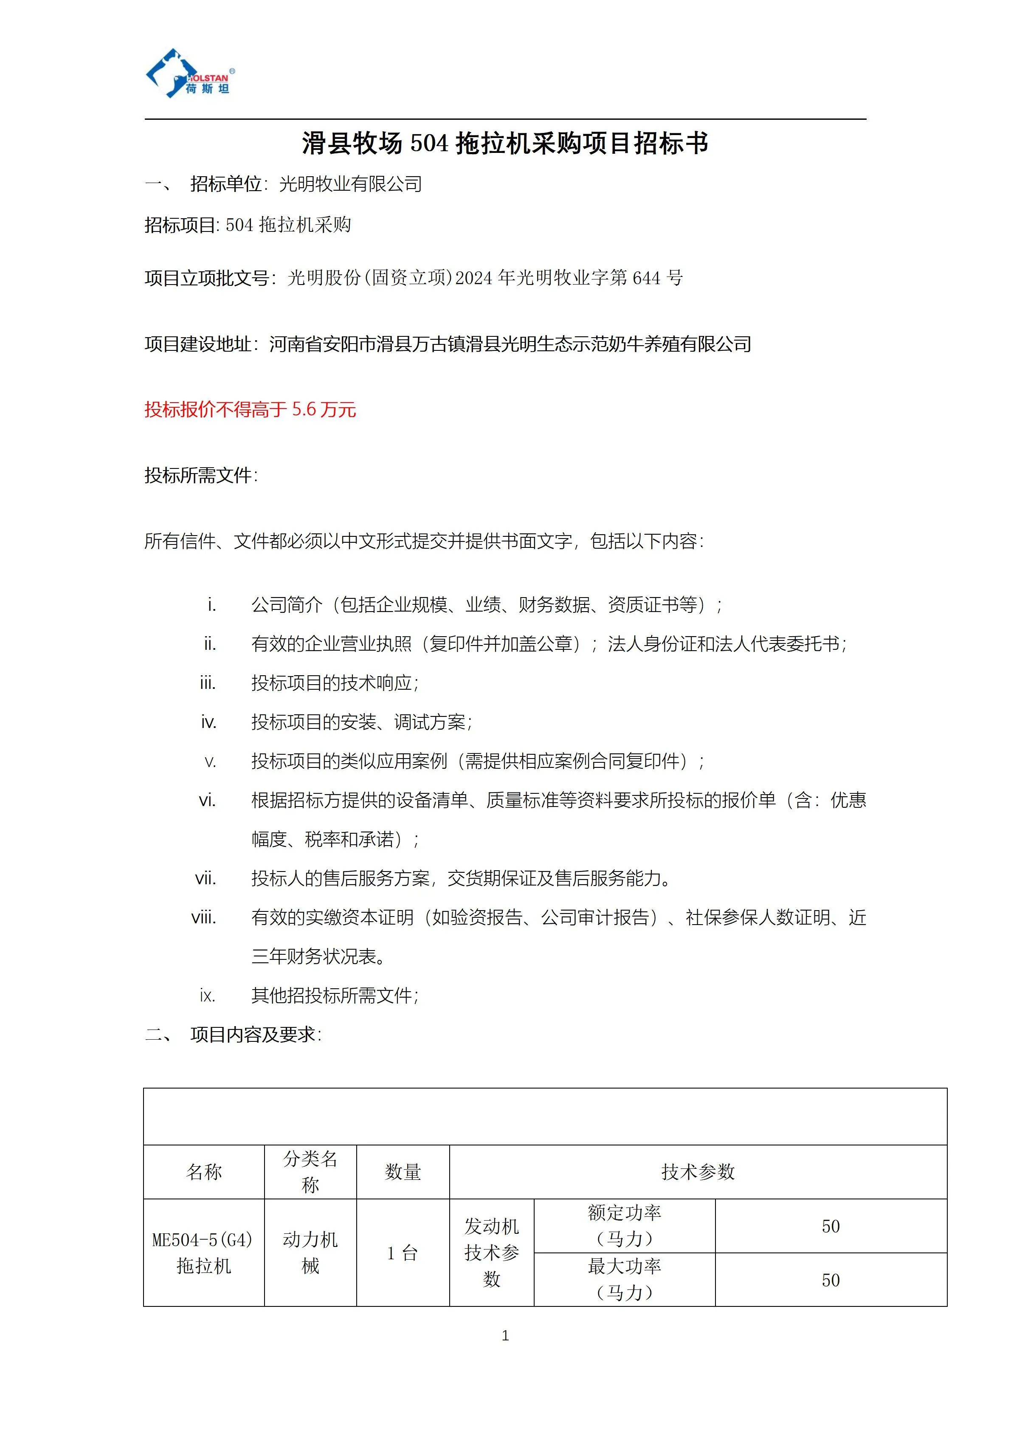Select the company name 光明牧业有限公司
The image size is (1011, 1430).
coord(350,184)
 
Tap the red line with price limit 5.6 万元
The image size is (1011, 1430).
coord(250,410)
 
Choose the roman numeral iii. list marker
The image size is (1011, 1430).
coord(208,683)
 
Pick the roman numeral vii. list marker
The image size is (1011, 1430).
coord(206,879)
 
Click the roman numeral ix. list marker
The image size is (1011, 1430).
coord(208,996)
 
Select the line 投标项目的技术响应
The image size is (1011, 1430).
coord(334,683)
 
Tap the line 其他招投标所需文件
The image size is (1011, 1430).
coord(334,996)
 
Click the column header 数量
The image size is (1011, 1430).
coord(403,1172)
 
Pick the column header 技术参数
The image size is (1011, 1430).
coord(698,1172)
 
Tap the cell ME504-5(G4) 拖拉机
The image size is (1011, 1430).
coord(203,1252)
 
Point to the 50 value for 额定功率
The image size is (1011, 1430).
coord(831,1226)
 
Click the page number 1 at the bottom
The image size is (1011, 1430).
coord(505,1335)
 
